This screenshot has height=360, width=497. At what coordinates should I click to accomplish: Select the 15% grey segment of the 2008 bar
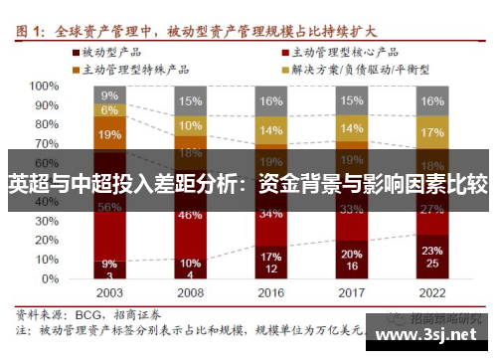(x=189, y=101)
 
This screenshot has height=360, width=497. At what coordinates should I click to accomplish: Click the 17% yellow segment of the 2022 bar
(x=431, y=132)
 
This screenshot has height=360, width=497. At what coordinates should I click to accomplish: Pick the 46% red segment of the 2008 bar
(x=189, y=215)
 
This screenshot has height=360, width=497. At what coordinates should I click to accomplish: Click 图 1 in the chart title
(x=33, y=31)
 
